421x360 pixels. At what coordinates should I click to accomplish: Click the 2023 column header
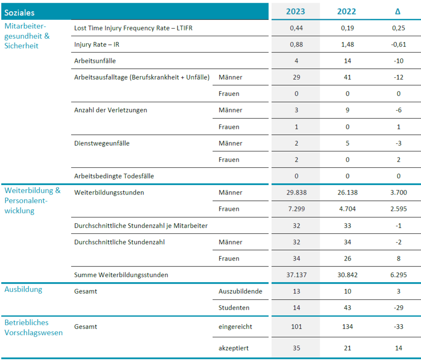click(x=295, y=12)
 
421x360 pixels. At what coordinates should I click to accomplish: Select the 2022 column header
click(x=346, y=12)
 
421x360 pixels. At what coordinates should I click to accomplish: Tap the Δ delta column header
click(x=397, y=12)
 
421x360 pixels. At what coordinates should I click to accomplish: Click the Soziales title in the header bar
click(x=19, y=13)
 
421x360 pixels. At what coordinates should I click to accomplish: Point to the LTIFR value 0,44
click(x=296, y=28)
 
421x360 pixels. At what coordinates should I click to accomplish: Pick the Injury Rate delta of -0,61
click(x=398, y=44)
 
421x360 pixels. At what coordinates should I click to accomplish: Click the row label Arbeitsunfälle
click(x=95, y=61)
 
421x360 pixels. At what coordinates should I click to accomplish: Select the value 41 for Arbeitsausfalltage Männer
click(x=347, y=77)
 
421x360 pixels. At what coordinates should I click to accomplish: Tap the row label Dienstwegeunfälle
click(x=102, y=143)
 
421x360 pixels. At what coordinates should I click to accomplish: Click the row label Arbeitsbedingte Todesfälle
click(x=114, y=176)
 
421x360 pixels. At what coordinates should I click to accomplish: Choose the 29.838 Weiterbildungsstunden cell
click(x=297, y=192)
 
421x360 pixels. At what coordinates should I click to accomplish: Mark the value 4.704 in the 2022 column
click(x=347, y=208)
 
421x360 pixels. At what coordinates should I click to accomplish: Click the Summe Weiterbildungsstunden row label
click(x=121, y=275)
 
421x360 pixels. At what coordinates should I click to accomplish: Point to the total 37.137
click(x=297, y=275)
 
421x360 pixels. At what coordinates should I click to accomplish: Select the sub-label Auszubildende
click(x=240, y=291)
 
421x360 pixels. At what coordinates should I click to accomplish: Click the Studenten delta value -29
click(x=398, y=308)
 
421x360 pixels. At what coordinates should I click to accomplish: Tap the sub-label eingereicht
click(x=235, y=327)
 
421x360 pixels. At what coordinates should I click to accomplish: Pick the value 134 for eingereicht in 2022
click(x=347, y=327)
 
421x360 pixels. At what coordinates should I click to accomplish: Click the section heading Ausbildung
click(x=24, y=289)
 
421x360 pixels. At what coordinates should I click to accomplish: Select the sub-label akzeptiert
click(x=234, y=348)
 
